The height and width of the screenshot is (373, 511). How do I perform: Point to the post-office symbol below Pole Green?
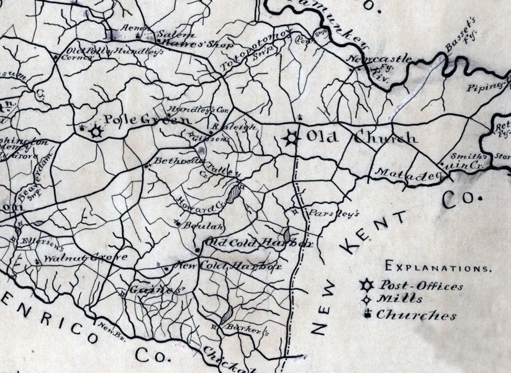click(96, 132)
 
